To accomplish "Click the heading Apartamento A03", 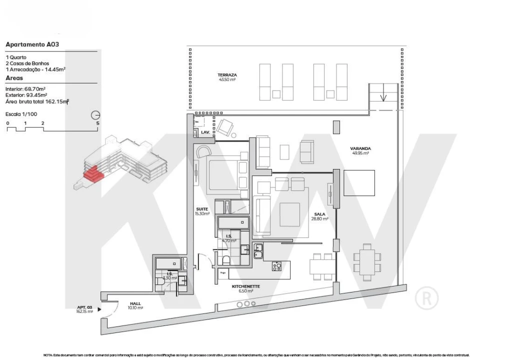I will pos(32,44).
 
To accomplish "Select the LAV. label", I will pos(205,132).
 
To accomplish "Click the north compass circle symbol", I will pos(96,114).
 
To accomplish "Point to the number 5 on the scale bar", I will pos(97,122).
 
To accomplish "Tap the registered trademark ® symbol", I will pos(426,298).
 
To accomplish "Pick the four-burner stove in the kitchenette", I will pos(277,266).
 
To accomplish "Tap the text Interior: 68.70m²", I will pos(26,88).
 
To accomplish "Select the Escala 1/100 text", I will pos(21,114).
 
